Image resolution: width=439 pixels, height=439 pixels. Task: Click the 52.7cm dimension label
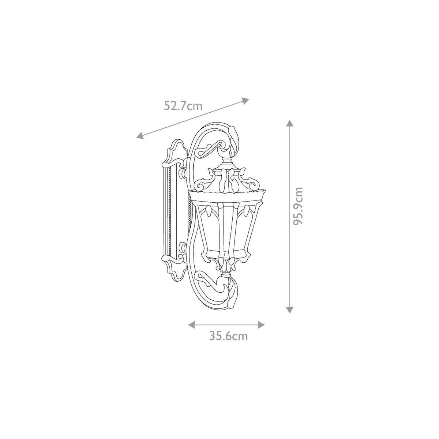click(x=183, y=106)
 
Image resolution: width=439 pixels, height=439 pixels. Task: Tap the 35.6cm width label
click(x=229, y=342)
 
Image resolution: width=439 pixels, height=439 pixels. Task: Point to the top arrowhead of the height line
click(x=289, y=123)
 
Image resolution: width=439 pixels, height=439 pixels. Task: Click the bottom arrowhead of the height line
click(x=289, y=309)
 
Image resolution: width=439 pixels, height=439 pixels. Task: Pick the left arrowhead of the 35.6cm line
click(x=192, y=324)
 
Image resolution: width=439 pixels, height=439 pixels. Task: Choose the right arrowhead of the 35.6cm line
click(x=261, y=324)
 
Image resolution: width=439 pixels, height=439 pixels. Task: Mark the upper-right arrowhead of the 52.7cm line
click(x=245, y=101)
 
